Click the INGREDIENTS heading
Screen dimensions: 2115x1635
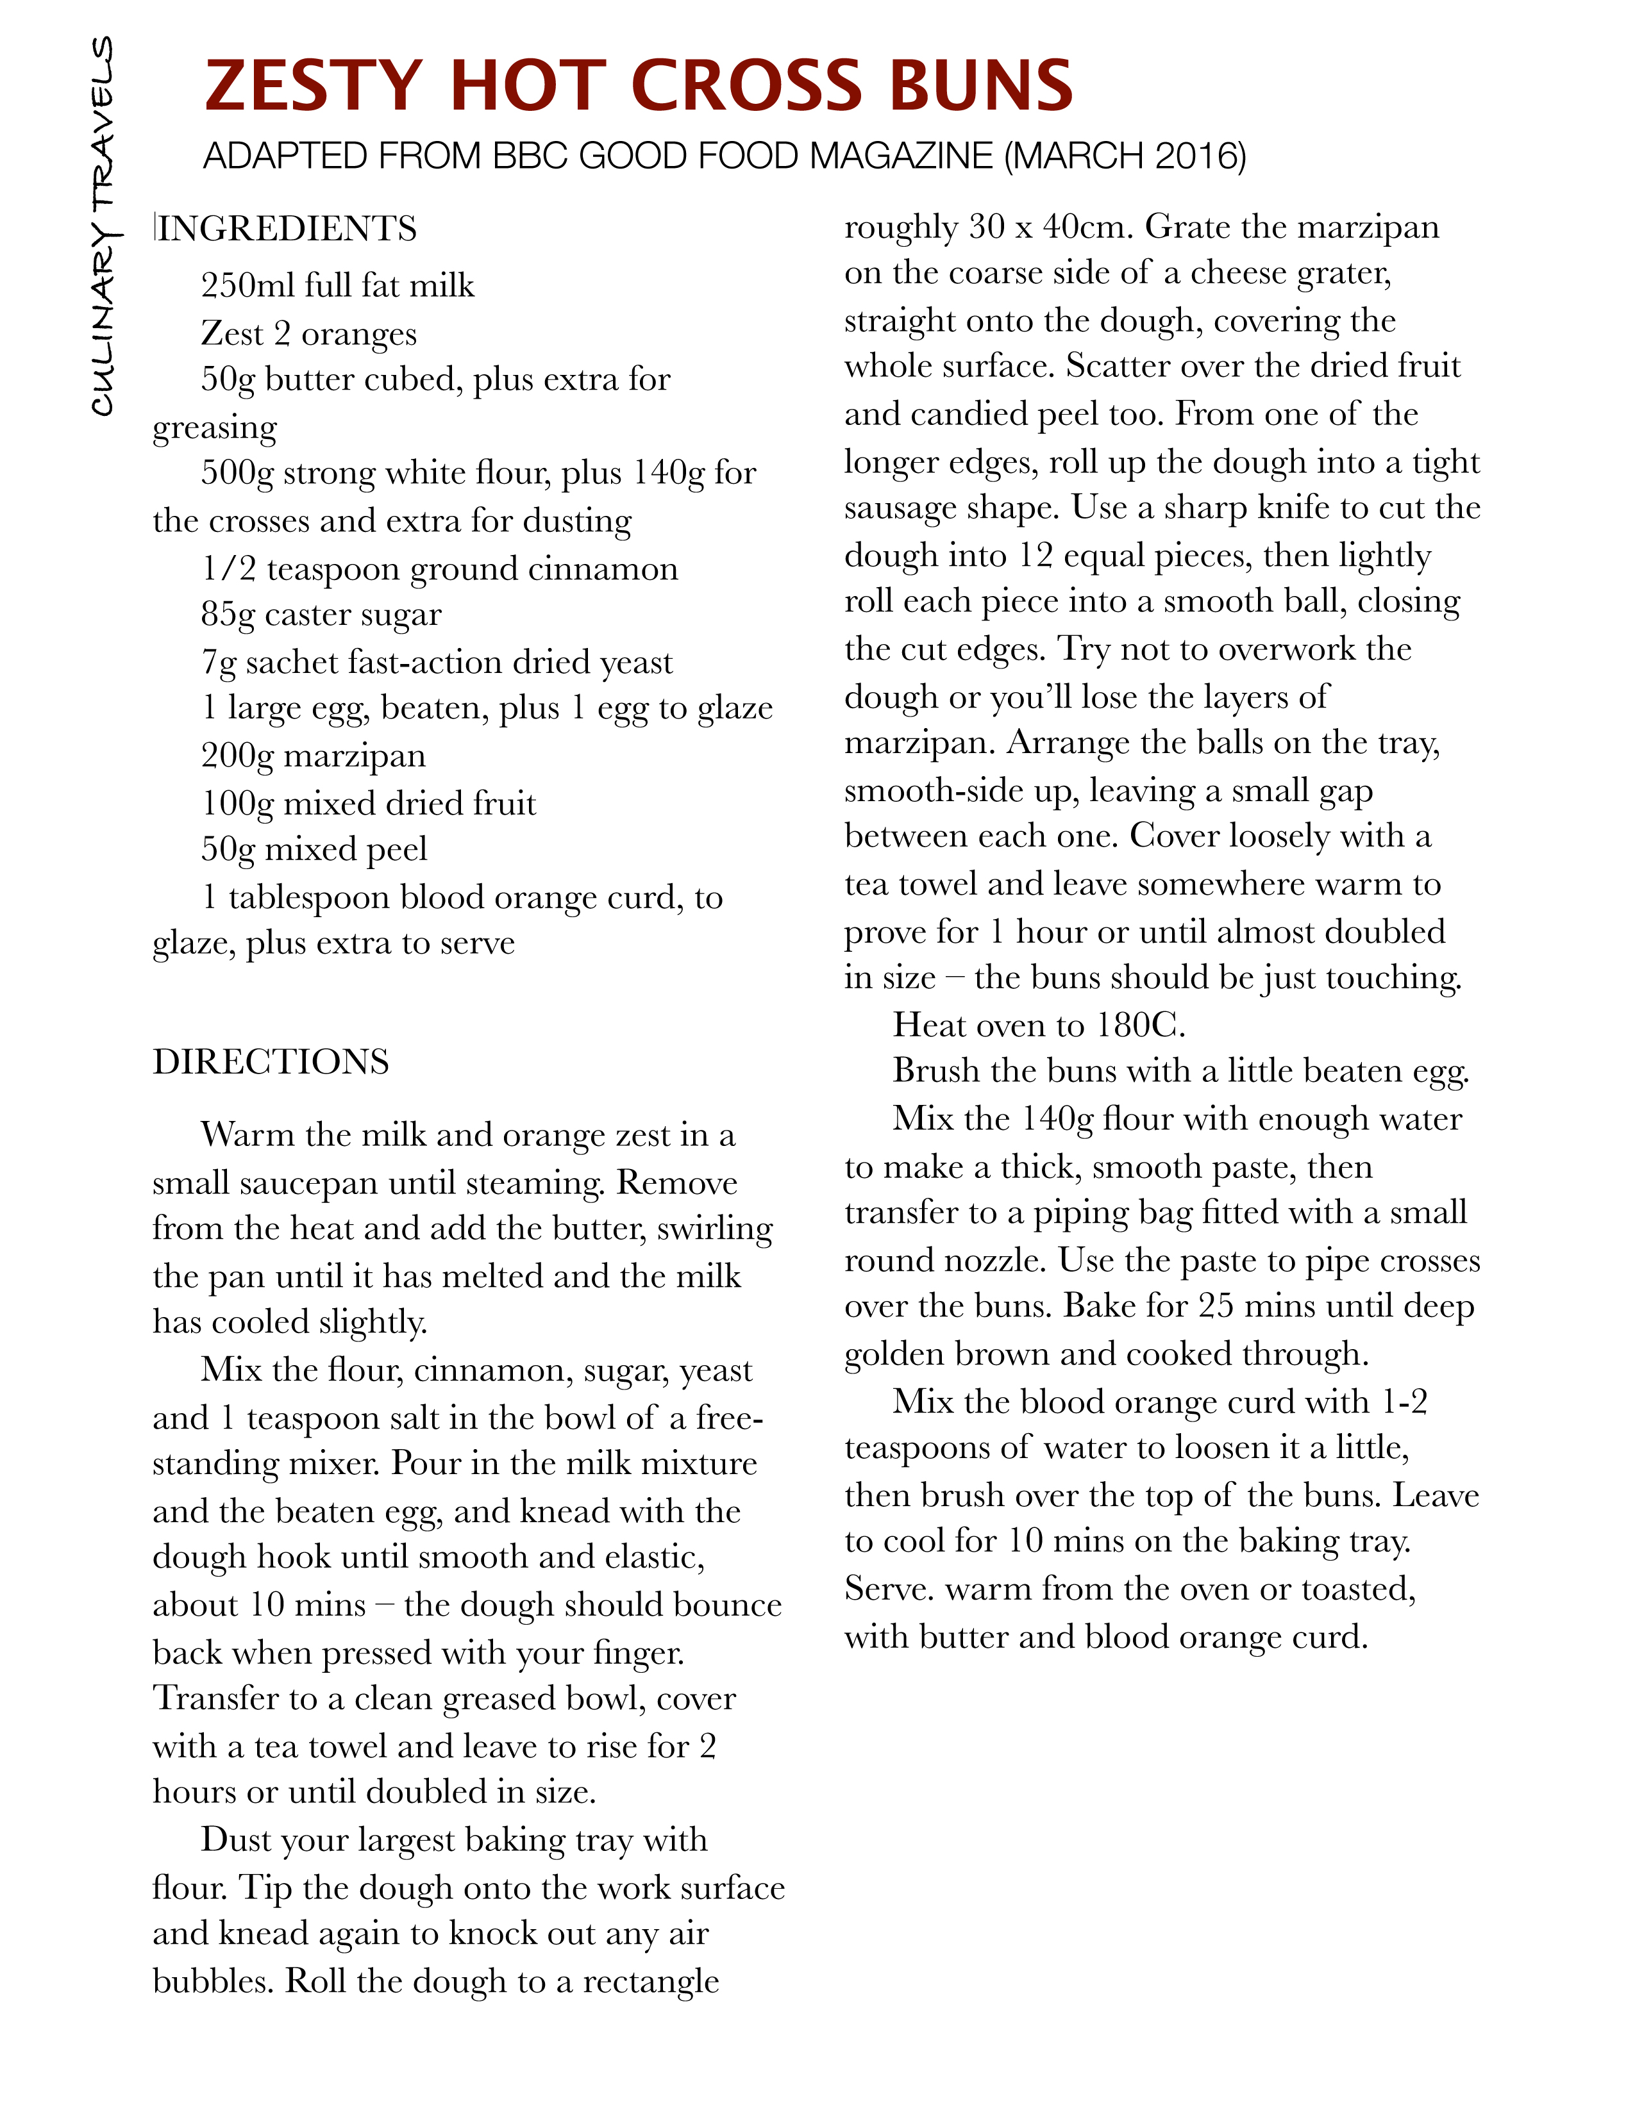[x=287, y=229]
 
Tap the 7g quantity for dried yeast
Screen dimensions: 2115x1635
[x=218, y=663]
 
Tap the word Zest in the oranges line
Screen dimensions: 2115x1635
[x=233, y=333]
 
